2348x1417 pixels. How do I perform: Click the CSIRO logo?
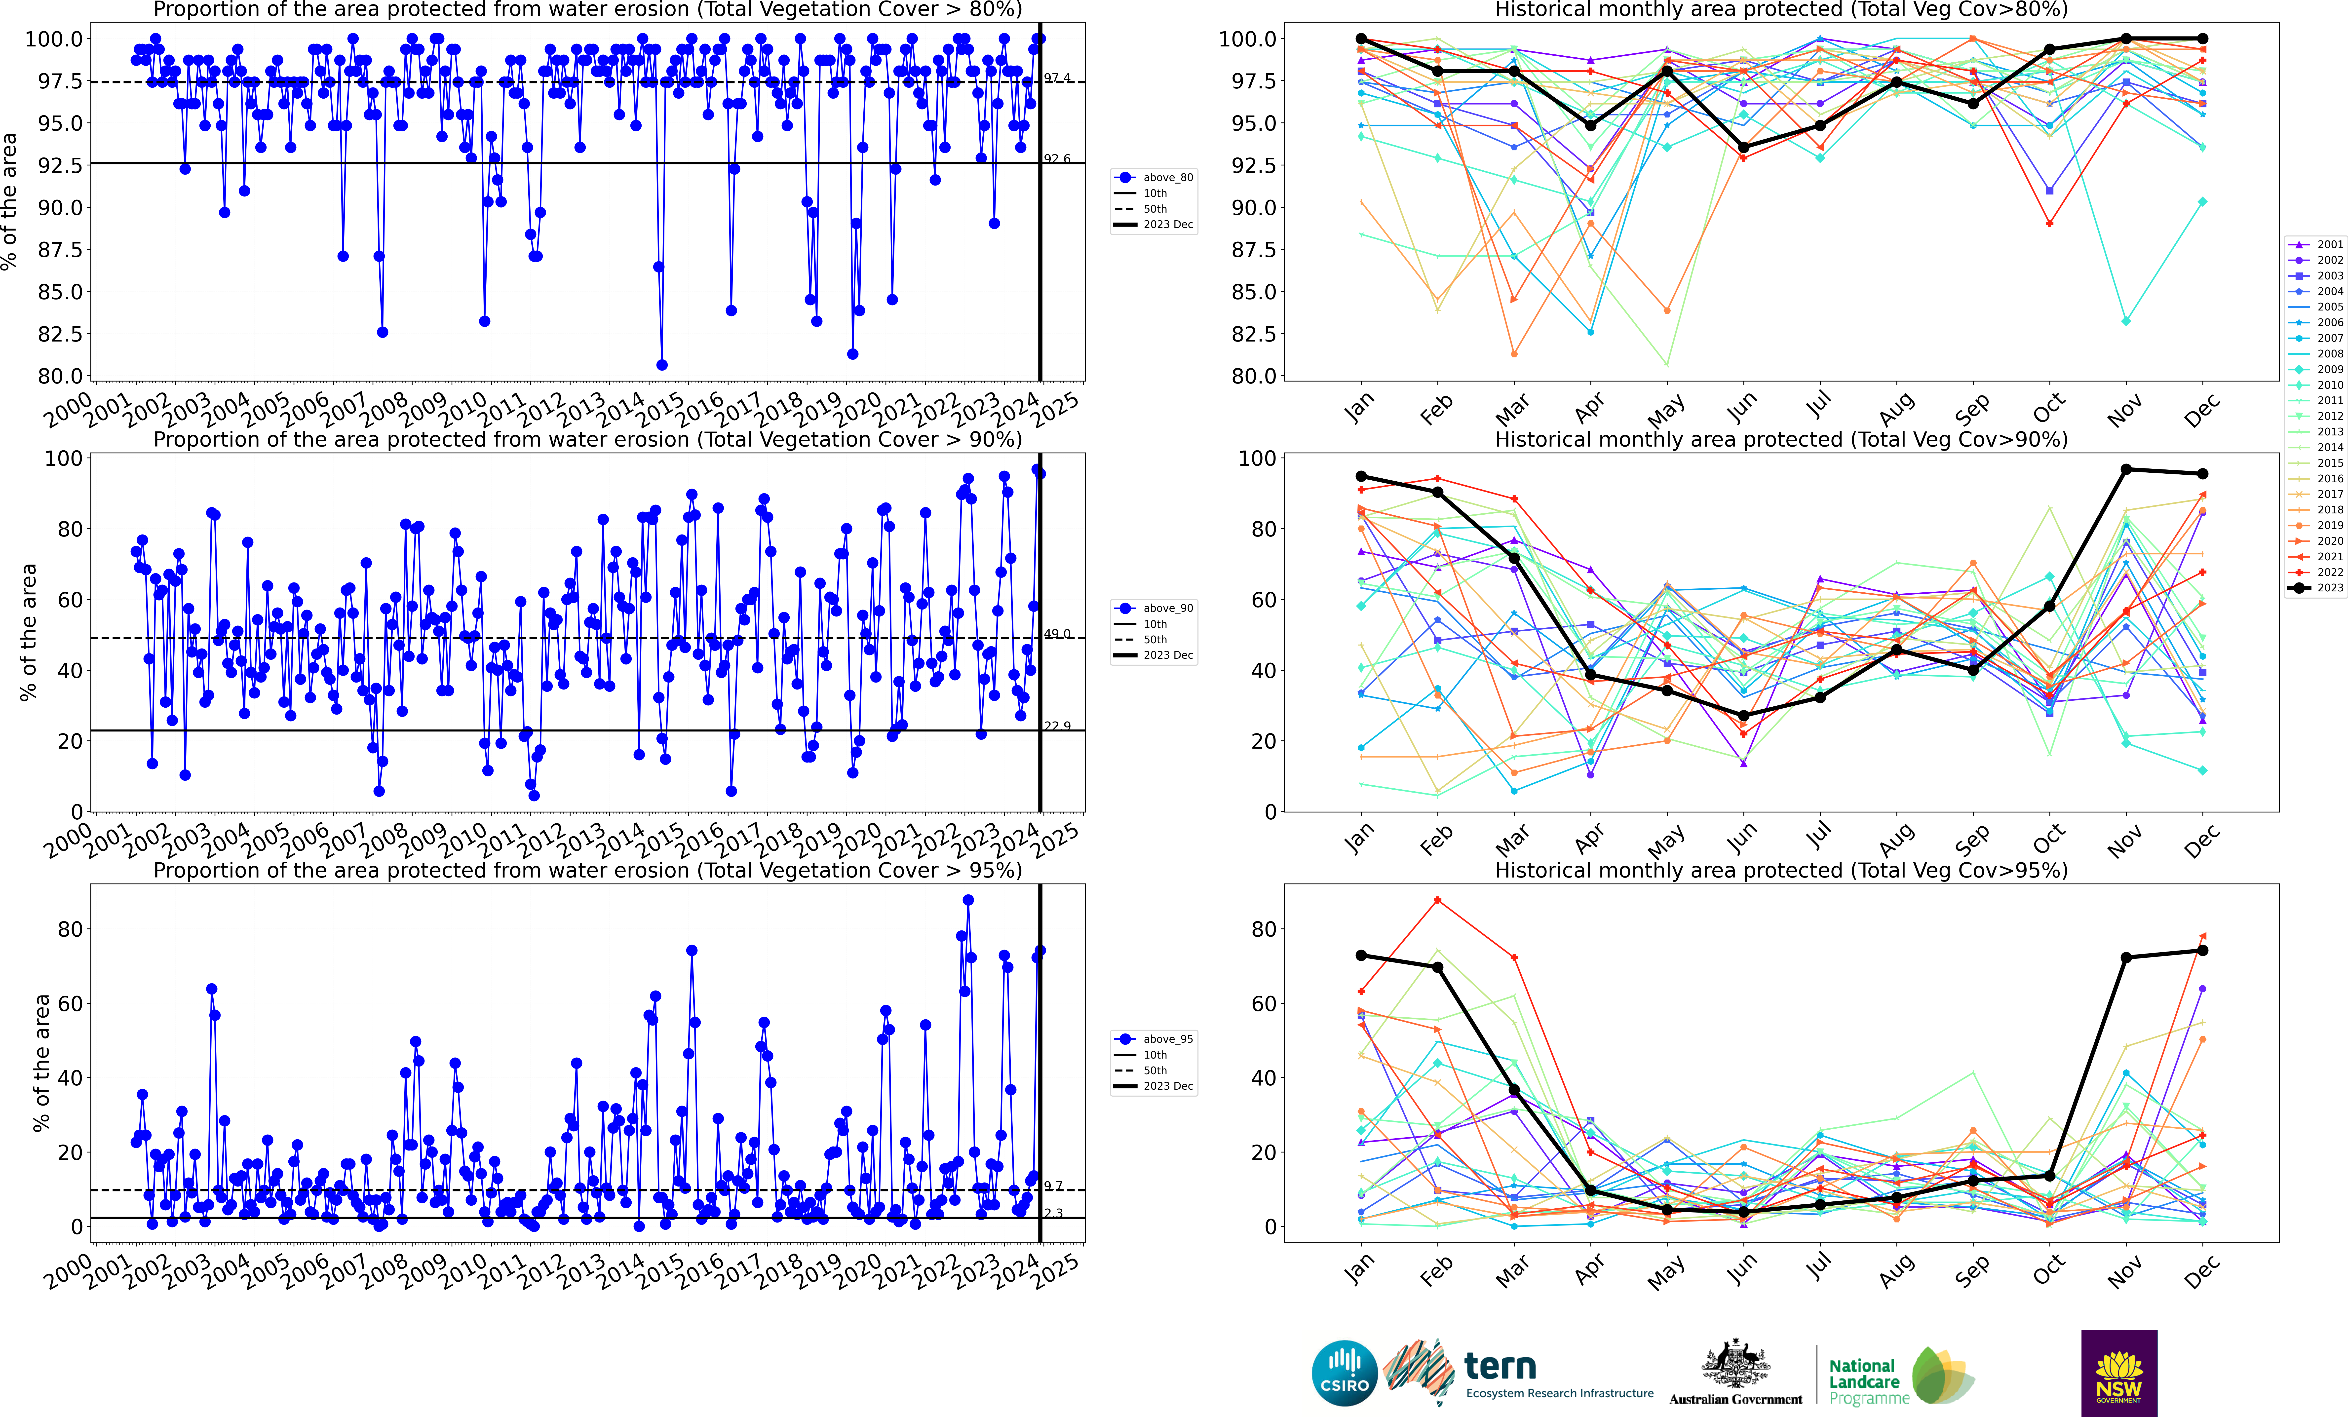1345,1373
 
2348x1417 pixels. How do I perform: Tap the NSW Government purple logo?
2118,1373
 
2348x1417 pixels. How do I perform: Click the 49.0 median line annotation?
1057,634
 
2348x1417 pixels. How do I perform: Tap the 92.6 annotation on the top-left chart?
1057,159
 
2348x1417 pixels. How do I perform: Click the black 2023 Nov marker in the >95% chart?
2126,958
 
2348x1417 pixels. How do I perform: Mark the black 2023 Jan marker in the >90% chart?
1361,476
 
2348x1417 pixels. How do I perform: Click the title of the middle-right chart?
1781,439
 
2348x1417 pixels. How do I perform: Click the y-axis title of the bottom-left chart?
41,1063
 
